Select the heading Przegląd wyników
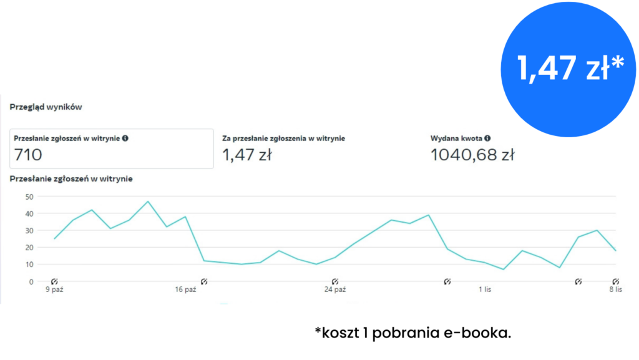point(46,107)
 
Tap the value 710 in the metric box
point(28,155)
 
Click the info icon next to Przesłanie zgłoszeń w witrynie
point(125,138)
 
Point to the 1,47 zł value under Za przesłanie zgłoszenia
point(246,155)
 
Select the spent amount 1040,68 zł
point(472,155)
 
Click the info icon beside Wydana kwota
point(487,138)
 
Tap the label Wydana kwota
point(456,138)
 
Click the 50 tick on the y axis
point(28,197)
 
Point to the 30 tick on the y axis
point(28,230)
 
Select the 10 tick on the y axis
point(28,265)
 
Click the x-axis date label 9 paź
point(54,289)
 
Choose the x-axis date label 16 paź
point(185,289)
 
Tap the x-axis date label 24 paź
point(335,289)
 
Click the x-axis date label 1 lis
point(485,289)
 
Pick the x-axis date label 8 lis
point(615,289)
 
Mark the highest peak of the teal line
point(148,202)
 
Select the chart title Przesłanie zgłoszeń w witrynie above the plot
point(71,179)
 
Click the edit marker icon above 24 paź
point(335,281)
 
